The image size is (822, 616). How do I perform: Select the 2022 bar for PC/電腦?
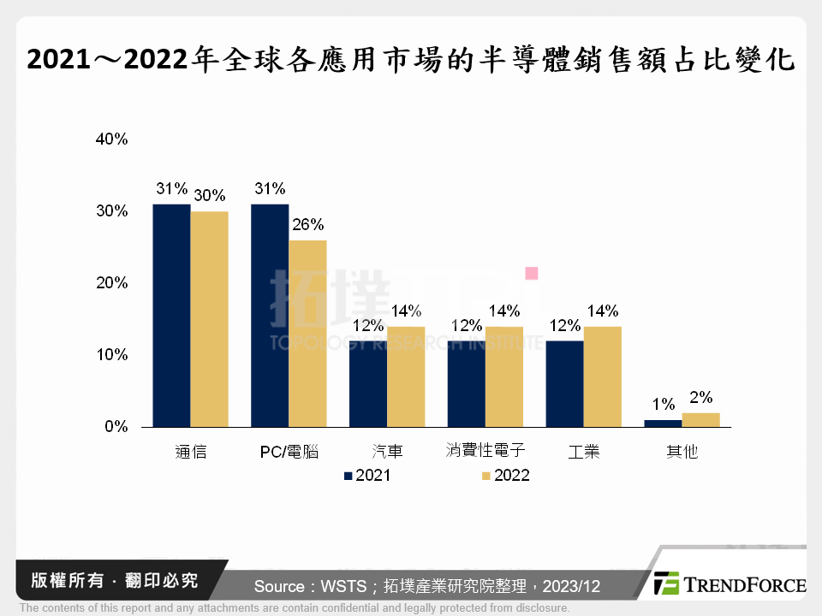click(307, 334)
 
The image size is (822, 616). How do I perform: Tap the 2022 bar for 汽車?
click(406, 376)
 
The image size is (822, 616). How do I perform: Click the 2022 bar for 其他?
click(700, 419)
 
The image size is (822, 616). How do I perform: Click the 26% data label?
click(307, 225)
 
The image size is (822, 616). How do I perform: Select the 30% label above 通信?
click(210, 196)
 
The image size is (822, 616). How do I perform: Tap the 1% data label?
click(664, 405)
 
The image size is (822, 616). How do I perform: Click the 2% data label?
click(701, 397)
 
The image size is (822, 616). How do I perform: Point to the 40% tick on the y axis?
click(111, 139)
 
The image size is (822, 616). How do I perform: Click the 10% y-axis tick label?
click(111, 355)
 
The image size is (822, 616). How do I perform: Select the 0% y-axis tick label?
click(116, 427)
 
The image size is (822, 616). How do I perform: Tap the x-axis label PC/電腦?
click(289, 452)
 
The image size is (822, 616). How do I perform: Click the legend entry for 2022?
click(505, 476)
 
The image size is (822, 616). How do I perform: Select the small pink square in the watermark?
click(531, 273)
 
